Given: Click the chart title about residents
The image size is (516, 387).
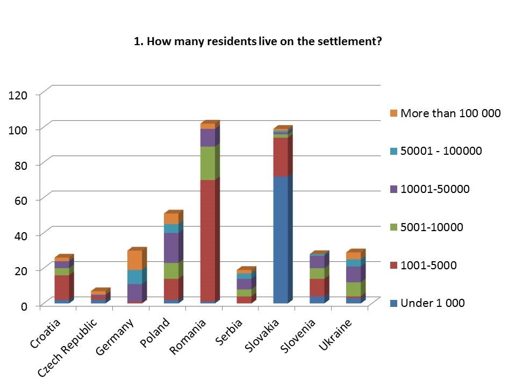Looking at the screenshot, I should point(257,42).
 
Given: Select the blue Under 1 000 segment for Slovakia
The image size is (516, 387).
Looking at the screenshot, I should point(280,239).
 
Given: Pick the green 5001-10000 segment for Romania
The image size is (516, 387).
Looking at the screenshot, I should point(207,163).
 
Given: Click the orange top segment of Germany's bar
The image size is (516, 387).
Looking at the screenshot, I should point(134,260).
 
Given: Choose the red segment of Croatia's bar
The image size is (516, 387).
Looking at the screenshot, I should point(62,288).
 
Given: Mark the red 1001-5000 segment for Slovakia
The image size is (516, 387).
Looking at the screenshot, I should point(280,157).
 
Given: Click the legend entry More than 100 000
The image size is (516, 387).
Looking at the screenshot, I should point(450,113).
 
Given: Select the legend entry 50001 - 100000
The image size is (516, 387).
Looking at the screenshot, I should point(441,151).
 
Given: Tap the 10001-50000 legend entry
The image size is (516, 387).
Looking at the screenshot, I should point(435,189).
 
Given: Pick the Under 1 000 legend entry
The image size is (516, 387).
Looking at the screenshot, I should point(432,303).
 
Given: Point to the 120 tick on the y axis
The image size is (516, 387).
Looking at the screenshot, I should point(18,95).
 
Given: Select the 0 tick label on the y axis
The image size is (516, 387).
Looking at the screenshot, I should point(24,306).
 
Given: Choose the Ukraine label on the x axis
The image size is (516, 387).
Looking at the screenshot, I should point(336,336).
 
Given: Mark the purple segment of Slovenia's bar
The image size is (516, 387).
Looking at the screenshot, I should point(317,261).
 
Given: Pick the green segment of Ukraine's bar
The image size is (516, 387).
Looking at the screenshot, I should point(353,289).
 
